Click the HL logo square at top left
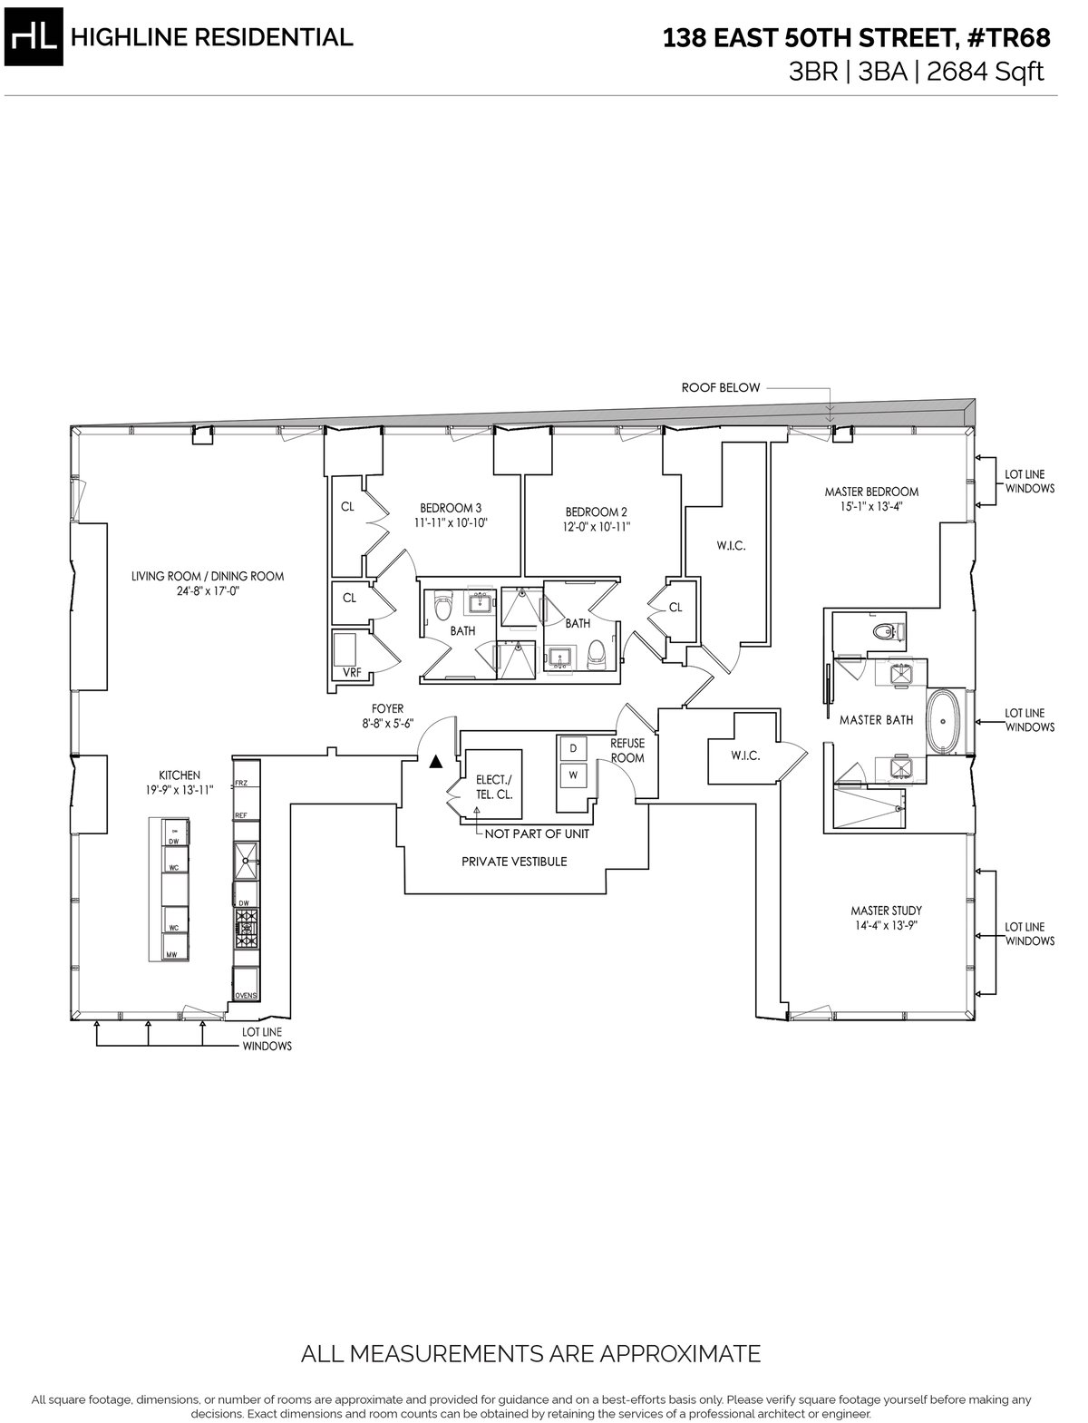coord(34,37)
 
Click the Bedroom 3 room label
coord(451,508)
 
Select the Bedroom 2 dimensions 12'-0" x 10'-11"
coord(596,526)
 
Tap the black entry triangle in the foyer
coord(436,762)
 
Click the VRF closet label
coord(349,673)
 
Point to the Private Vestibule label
coord(514,861)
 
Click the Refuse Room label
coord(627,750)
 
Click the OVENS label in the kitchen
coord(246,995)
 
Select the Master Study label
coord(886,911)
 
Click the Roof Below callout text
coord(721,387)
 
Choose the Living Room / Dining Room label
coord(208,576)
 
